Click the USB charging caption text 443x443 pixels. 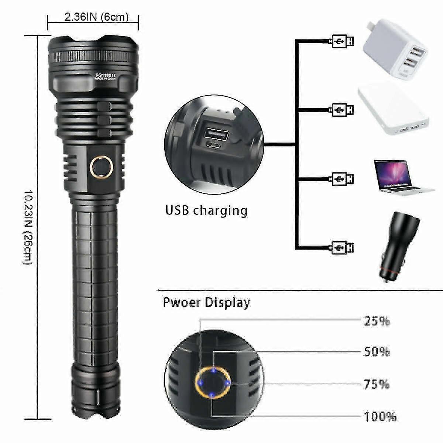(x=206, y=210)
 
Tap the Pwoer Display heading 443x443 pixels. (x=206, y=303)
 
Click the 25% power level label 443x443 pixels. (x=377, y=320)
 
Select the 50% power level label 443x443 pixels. (x=377, y=351)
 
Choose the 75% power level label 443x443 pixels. (x=377, y=384)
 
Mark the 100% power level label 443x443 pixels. (x=380, y=417)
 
